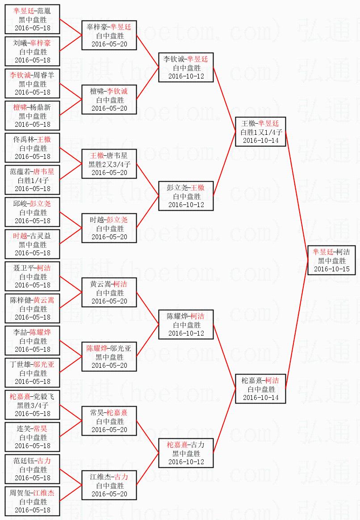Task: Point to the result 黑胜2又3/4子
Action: point(109,164)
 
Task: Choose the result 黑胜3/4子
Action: point(33,405)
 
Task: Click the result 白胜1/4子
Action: point(33,180)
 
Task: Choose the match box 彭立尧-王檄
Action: point(186,196)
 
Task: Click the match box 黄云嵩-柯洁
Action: point(109,292)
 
